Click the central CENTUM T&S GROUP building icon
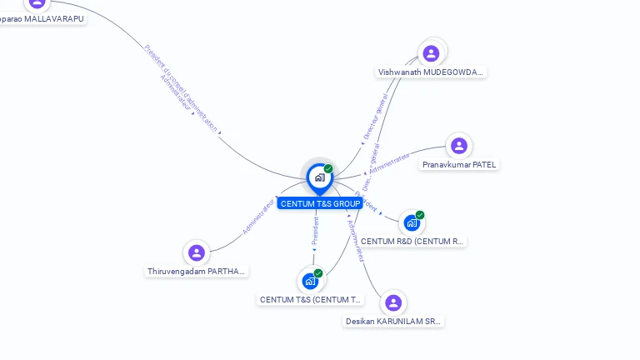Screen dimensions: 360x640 (x=319, y=177)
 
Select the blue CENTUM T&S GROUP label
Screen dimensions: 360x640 (x=320, y=203)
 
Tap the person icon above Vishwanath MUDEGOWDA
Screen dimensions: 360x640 (x=431, y=53)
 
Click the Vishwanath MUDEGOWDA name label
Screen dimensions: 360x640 (x=430, y=72)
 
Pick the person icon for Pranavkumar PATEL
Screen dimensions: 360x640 (x=458, y=146)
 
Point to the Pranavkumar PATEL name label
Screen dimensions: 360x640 (x=458, y=165)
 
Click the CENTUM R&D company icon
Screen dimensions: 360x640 (x=412, y=223)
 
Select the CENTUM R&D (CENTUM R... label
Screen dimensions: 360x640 (x=412, y=242)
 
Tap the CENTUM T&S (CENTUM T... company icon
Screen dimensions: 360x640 (x=311, y=281)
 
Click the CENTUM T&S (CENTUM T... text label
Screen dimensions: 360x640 (x=311, y=300)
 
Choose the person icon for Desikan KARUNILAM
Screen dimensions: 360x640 (x=393, y=302)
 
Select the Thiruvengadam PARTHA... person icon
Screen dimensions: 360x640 (x=197, y=252)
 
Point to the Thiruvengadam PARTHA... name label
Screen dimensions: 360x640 (x=197, y=272)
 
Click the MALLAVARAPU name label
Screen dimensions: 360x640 (x=42, y=18)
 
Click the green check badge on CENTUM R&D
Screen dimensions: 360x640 (x=420, y=215)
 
